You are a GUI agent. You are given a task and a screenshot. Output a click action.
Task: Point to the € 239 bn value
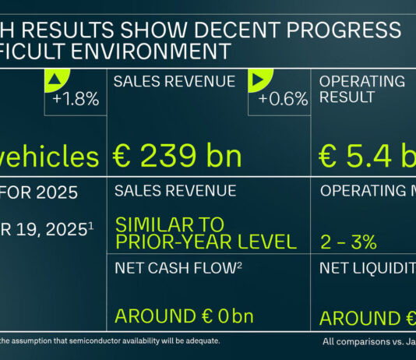click(178, 157)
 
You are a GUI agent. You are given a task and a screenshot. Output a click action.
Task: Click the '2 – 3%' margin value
click(348, 242)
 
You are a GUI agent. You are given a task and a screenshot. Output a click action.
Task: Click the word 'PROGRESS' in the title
click(344, 30)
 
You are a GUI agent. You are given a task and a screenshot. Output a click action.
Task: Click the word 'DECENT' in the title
click(231, 30)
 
